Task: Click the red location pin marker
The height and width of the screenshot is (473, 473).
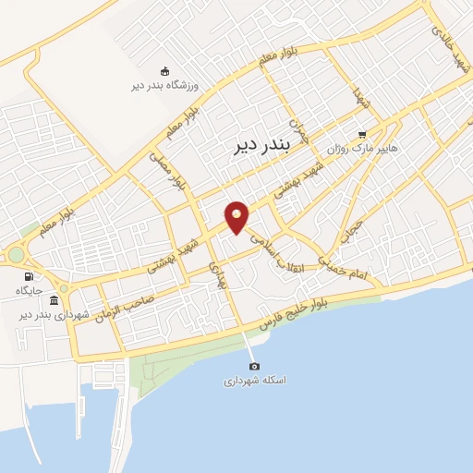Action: click(x=237, y=217)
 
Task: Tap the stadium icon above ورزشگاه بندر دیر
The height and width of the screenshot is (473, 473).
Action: click(x=165, y=71)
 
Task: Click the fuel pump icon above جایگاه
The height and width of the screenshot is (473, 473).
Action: click(x=30, y=275)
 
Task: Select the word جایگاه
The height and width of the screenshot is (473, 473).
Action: click(x=30, y=291)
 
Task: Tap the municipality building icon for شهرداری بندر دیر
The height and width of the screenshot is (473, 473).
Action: click(x=55, y=300)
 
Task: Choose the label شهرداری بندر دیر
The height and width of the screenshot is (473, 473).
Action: click(x=55, y=315)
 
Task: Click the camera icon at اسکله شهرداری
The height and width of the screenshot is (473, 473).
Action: click(x=255, y=366)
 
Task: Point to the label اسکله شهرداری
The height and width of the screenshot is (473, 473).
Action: click(x=255, y=381)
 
